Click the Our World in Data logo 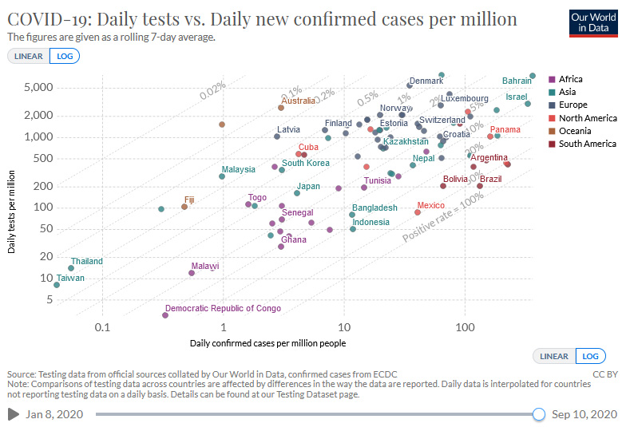click(594, 23)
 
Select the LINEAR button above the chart click(28, 56)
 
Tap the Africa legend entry click(570, 79)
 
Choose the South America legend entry click(587, 144)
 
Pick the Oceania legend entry click(575, 131)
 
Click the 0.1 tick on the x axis click(102, 328)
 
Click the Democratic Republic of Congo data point click(165, 315)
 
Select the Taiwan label click(70, 278)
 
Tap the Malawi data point click(192, 273)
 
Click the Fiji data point click(184, 207)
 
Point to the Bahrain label click(517, 81)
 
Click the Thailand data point click(71, 268)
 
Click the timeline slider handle click(539, 413)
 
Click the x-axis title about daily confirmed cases click(267, 343)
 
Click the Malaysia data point click(222, 176)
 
